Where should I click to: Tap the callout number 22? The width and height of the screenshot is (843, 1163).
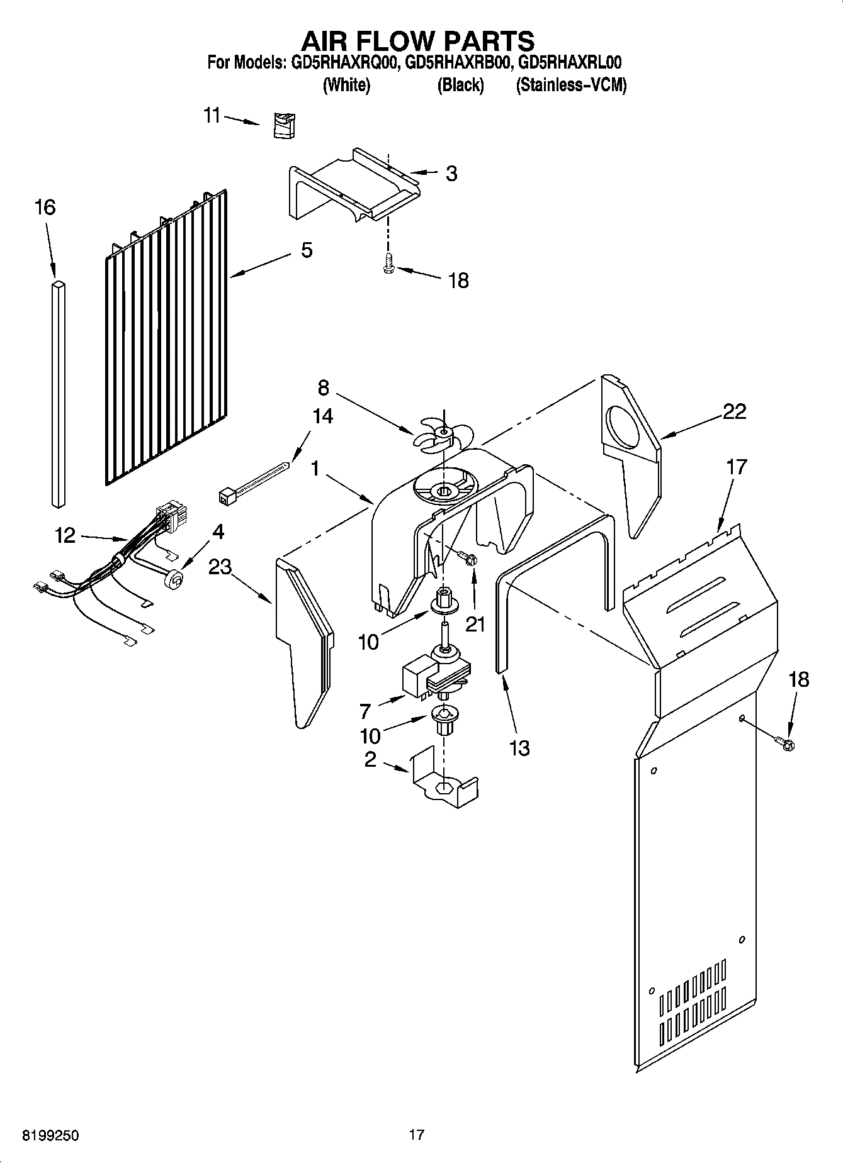[x=734, y=412]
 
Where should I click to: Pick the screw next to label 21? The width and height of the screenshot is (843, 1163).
[x=468, y=557]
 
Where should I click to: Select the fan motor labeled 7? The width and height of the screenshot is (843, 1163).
[x=434, y=679]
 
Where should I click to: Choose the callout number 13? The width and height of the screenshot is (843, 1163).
[x=519, y=748]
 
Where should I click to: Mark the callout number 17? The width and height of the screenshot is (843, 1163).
[x=736, y=467]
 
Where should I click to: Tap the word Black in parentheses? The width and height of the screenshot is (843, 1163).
[x=460, y=85]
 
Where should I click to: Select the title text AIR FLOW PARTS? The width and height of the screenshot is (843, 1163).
[x=418, y=41]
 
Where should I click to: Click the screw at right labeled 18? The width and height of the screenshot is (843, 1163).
[x=785, y=743]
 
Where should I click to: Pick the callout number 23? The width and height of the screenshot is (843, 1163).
[x=220, y=567]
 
